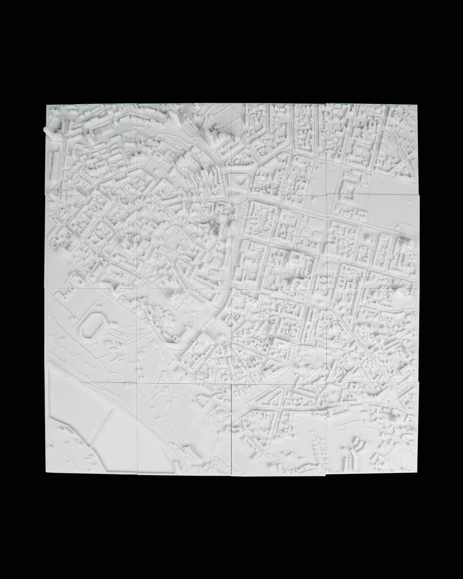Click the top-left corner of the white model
click(x=46, y=104)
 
